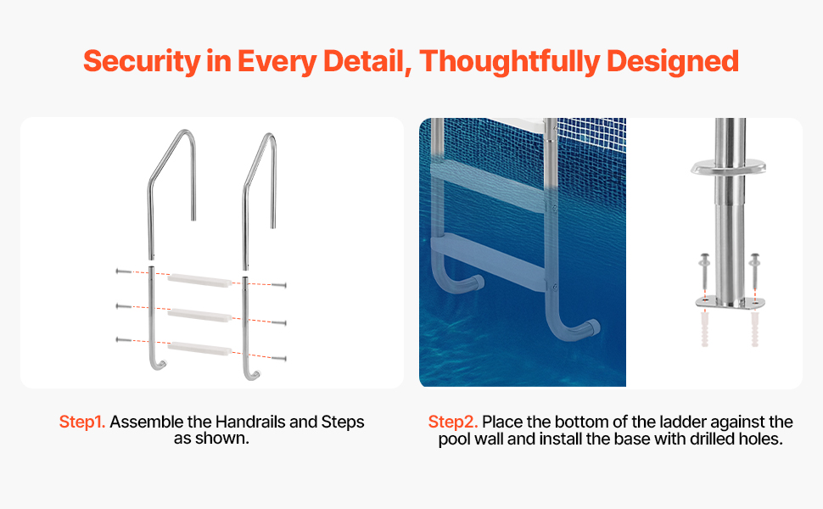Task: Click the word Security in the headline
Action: pos(141,61)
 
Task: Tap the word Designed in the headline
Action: pos(673,61)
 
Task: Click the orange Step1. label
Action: pos(82,422)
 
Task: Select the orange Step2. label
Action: pos(453,422)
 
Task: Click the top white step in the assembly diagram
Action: pos(199,281)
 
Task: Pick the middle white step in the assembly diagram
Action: pos(199,315)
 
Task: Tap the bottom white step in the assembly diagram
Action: pos(199,349)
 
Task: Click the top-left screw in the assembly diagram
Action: pos(123,271)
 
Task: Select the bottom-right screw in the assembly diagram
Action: pos(278,359)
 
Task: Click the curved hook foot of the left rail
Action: pos(159,364)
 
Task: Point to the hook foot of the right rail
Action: pos(253,374)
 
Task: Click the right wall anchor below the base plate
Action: pos(755,329)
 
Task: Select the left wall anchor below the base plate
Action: pos(704,329)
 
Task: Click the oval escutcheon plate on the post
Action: pos(728,167)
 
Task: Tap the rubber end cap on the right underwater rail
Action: pos(592,328)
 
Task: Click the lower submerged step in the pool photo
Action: pos(488,260)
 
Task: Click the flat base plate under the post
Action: pos(730,303)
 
